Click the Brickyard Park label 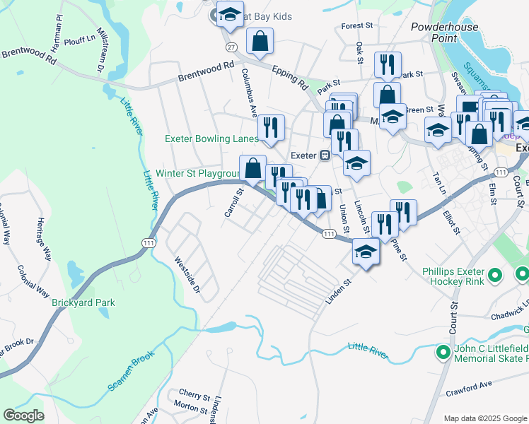(83, 302)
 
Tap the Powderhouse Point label (444, 33)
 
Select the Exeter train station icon (325, 155)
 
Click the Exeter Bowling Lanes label (211, 139)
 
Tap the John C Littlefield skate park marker (443, 351)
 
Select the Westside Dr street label (188, 276)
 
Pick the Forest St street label (356, 26)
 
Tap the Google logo (23, 416)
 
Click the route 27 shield (231, 47)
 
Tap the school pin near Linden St (365, 252)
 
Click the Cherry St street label (194, 394)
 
